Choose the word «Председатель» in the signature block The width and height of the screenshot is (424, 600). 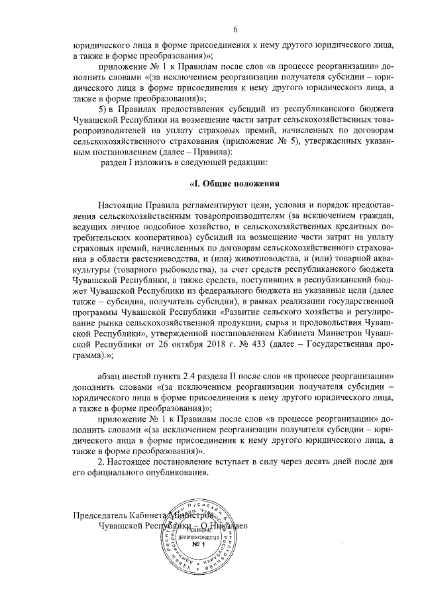click(98, 514)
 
